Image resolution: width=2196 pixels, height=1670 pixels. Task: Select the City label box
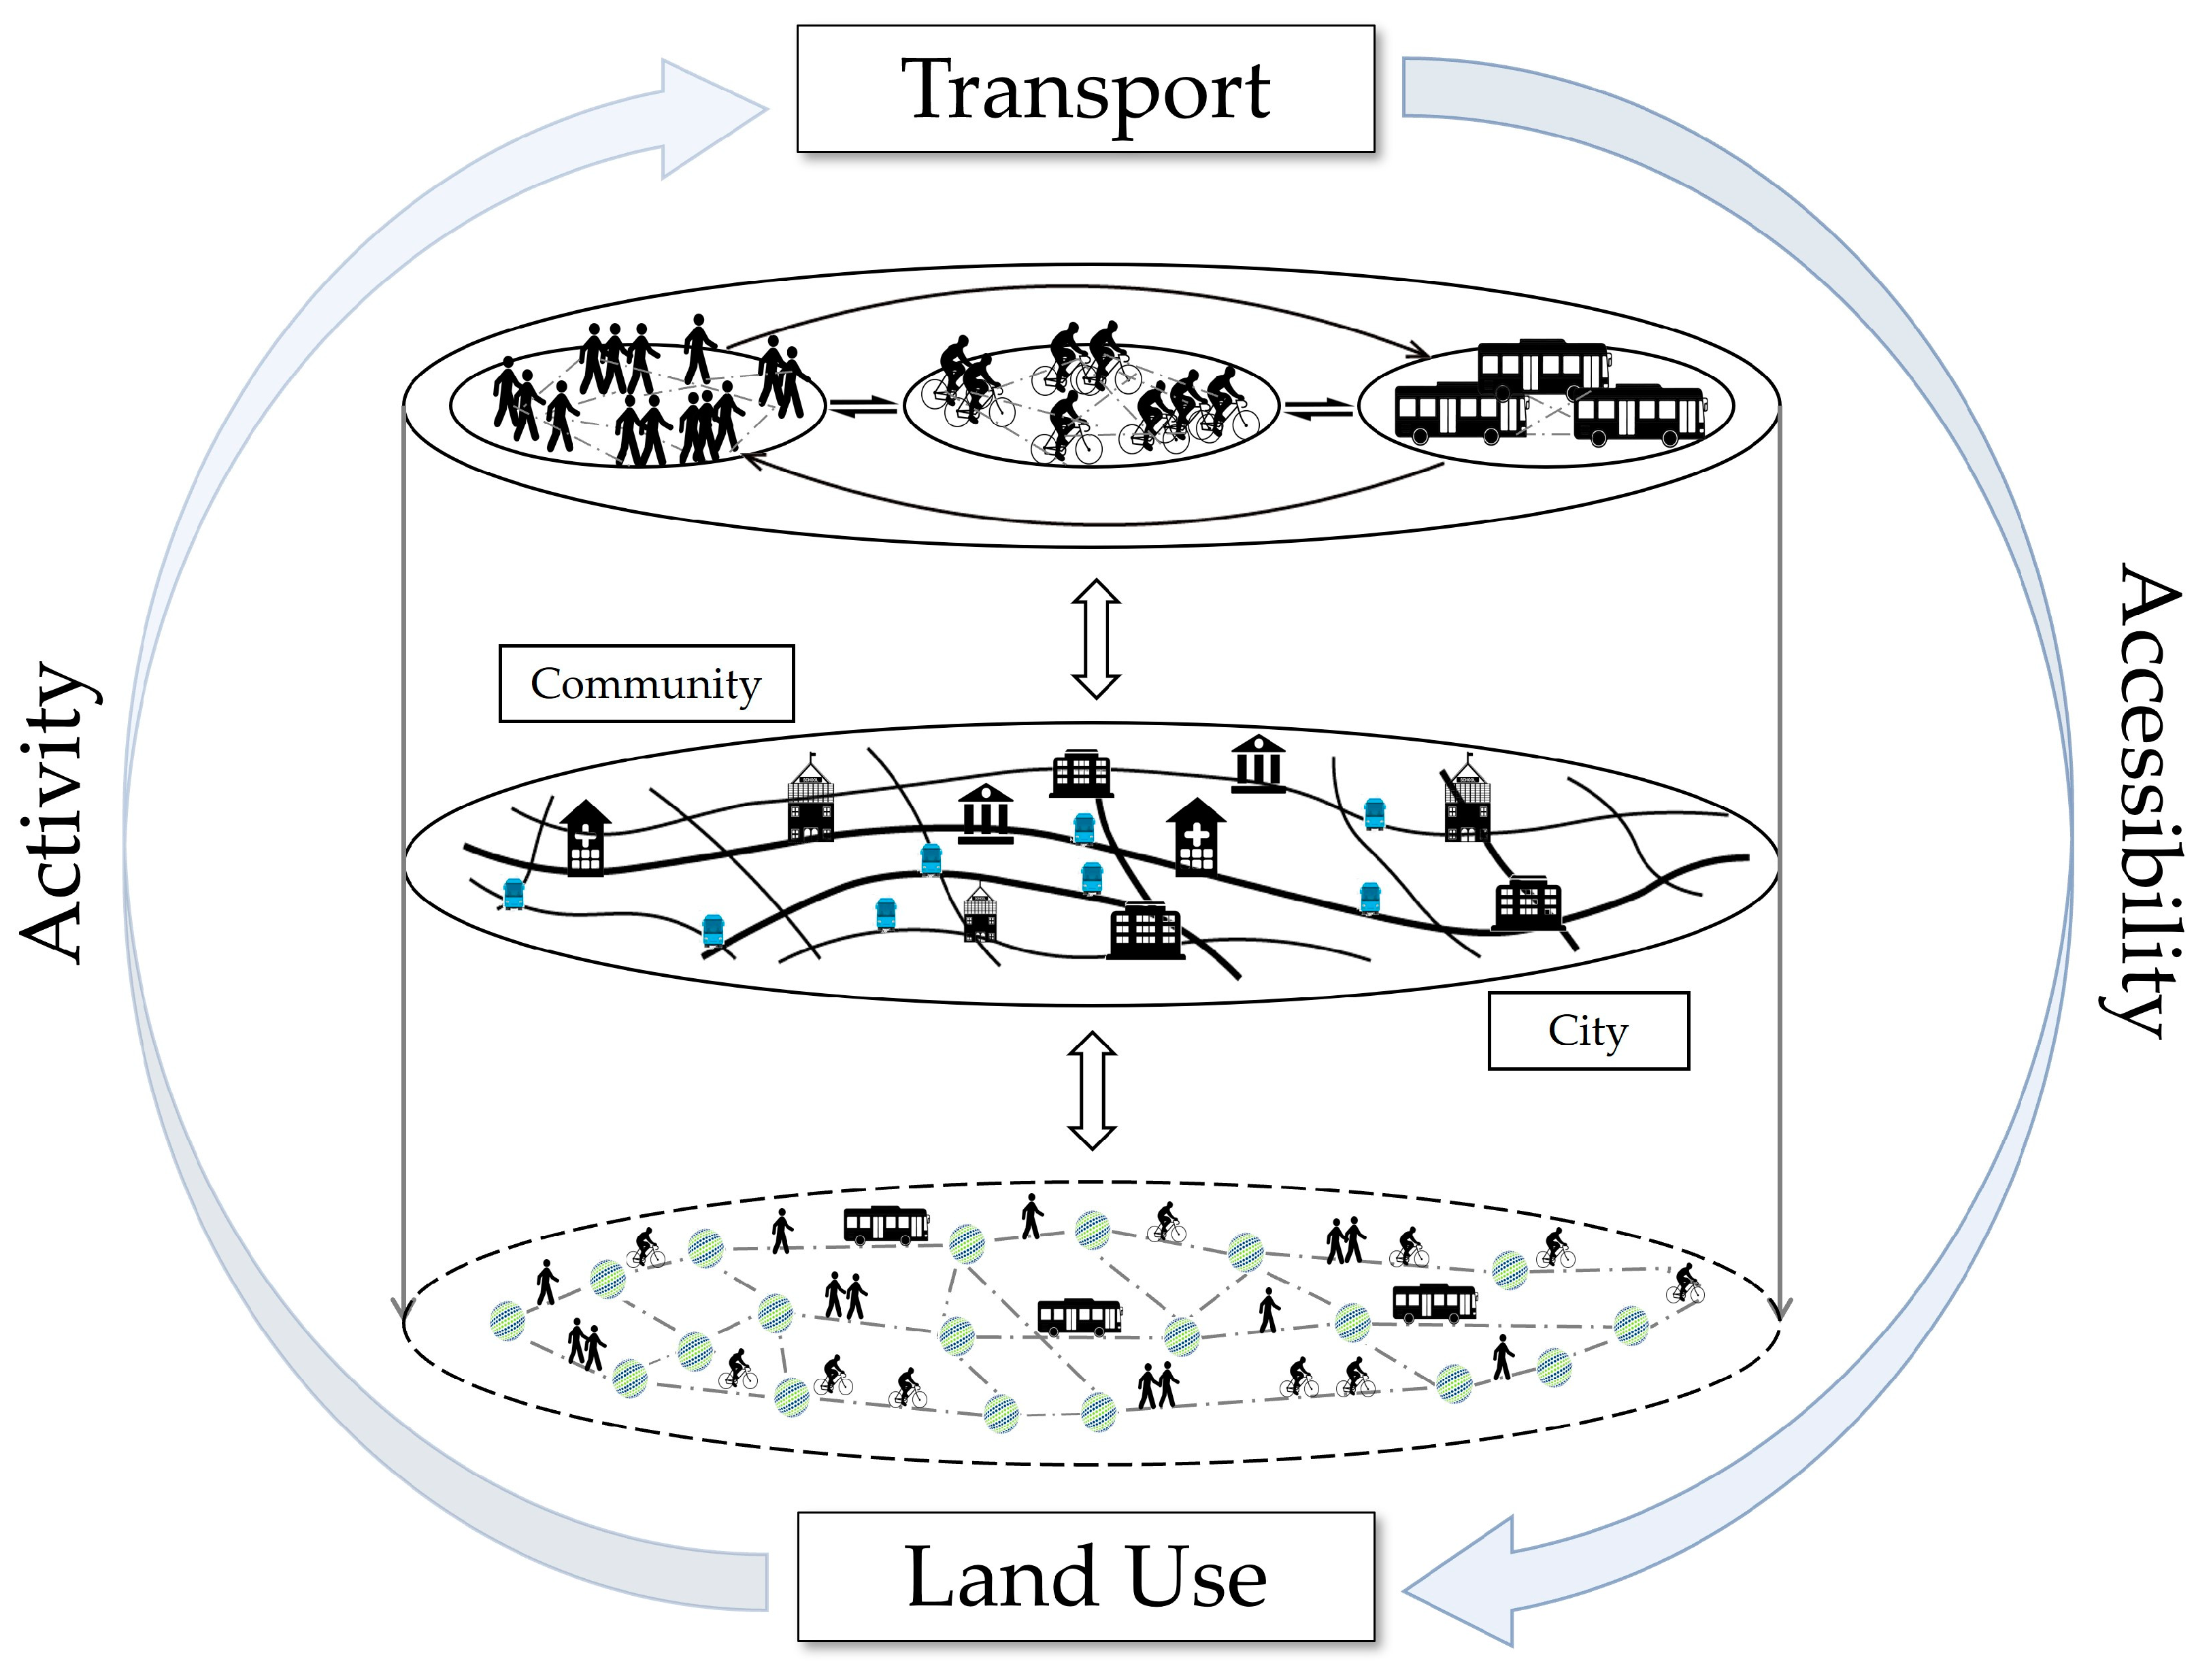click(1588, 1030)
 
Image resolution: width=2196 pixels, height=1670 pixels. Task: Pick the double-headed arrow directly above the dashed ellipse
click(1092, 1090)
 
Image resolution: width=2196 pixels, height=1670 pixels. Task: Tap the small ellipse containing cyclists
click(1091, 405)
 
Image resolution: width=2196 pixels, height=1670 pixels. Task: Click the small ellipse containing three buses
click(1546, 405)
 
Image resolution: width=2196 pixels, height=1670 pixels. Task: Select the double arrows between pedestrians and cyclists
click(863, 407)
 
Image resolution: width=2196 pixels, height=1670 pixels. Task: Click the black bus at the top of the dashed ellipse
click(886, 1224)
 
